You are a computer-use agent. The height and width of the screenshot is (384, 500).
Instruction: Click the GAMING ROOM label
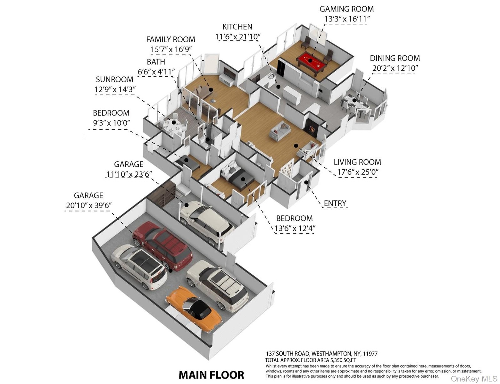[x=346, y=9]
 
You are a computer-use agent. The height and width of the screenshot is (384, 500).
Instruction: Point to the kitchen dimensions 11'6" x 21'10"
[x=238, y=37]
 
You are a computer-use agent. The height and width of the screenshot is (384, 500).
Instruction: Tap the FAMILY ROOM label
[x=171, y=39]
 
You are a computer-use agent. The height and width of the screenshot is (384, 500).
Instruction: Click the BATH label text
[x=156, y=62]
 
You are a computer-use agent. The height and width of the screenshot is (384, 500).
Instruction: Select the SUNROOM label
[x=114, y=79]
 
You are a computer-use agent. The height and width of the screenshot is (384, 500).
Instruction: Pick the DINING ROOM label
[x=395, y=58]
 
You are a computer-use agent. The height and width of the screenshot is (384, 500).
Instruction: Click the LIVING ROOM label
[x=357, y=162]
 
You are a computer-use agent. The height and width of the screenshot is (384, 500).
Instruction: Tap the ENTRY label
[x=335, y=204]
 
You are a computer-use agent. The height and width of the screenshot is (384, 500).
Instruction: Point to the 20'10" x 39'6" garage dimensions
[x=89, y=205]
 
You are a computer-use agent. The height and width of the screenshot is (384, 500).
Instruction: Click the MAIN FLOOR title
[x=211, y=374]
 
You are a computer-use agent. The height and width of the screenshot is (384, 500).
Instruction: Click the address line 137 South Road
[x=321, y=354]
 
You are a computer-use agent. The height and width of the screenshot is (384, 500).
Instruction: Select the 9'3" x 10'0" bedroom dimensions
[x=111, y=123]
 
